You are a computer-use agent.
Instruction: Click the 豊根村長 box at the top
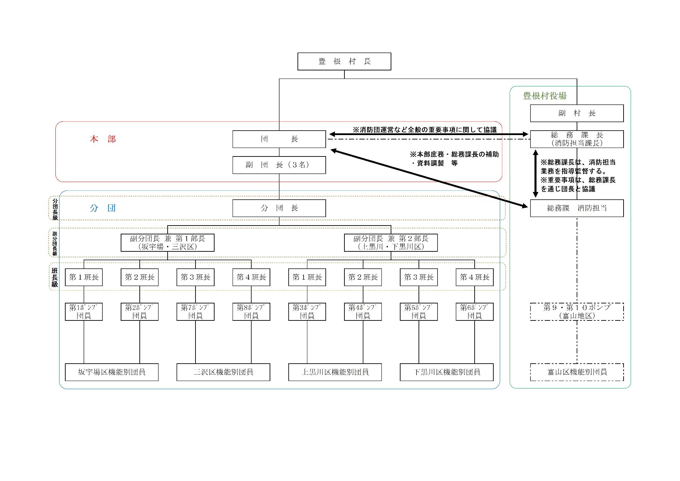tap(344, 62)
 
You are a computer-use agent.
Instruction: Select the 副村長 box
tap(577, 113)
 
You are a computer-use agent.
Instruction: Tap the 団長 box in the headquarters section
tap(279, 139)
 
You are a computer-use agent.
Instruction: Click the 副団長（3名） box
tap(279, 165)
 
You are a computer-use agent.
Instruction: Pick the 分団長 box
tap(279, 208)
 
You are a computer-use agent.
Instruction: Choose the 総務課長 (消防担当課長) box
tap(577, 139)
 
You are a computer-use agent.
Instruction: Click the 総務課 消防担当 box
tap(577, 208)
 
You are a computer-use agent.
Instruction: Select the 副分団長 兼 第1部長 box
tap(167, 243)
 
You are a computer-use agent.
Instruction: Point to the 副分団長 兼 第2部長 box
tap(391, 243)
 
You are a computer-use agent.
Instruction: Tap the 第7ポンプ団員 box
tap(195, 312)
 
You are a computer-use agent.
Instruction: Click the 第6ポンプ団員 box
tap(474, 312)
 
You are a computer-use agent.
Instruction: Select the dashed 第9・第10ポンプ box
tap(577, 312)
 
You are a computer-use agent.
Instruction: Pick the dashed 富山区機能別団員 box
tap(577, 372)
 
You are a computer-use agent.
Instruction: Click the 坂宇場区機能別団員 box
tap(112, 372)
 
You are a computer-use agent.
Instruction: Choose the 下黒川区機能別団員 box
tap(446, 372)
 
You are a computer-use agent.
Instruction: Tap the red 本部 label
tap(103, 139)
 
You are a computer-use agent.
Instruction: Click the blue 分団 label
tap(103, 208)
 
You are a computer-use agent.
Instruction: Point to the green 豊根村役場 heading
tap(545, 96)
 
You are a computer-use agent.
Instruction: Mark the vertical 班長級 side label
tap(55, 277)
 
